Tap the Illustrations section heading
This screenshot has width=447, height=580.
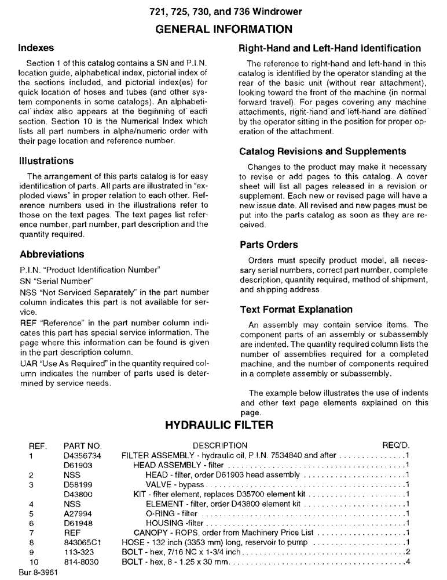click(46, 161)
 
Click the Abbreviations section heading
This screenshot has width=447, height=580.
click(52, 254)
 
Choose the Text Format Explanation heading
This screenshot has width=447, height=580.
click(296, 310)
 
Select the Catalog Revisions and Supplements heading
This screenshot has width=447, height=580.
click(323, 151)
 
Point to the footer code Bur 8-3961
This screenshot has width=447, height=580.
click(37, 573)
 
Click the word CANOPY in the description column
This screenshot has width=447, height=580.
click(152, 533)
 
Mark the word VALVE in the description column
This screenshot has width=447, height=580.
click(157, 484)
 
